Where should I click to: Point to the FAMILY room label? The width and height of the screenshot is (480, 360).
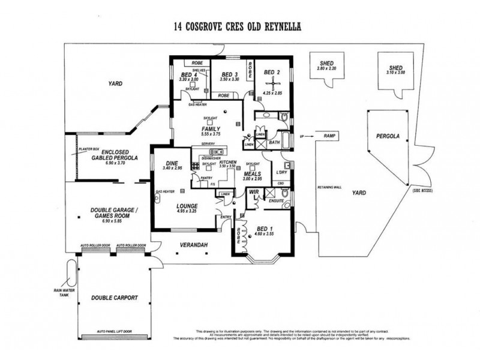(x=211, y=128)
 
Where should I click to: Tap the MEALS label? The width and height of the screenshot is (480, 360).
(x=251, y=173)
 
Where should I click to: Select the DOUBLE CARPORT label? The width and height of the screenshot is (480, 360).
(x=115, y=298)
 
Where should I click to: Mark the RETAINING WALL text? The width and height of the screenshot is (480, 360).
(x=329, y=187)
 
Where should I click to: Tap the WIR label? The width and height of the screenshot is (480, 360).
(x=253, y=193)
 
